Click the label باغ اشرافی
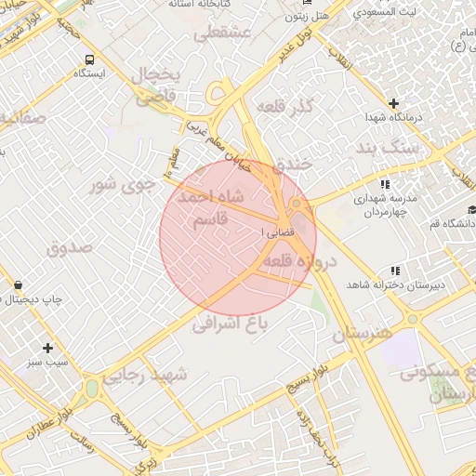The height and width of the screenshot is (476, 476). pyautogui.click(x=230, y=323)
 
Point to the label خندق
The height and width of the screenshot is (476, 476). pyautogui.click(x=294, y=164)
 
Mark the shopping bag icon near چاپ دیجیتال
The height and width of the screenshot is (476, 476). pyautogui.click(x=20, y=284)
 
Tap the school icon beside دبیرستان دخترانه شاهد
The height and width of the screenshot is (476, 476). pyautogui.click(x=396, y=271)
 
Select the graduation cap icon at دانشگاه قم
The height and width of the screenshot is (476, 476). pyautogui.click(x=471, y=209)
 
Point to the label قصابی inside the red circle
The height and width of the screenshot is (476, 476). pyautogui.click(x=279, y=229)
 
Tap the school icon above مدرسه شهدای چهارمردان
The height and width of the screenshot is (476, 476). pyautogui.click(x=385, y=184)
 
